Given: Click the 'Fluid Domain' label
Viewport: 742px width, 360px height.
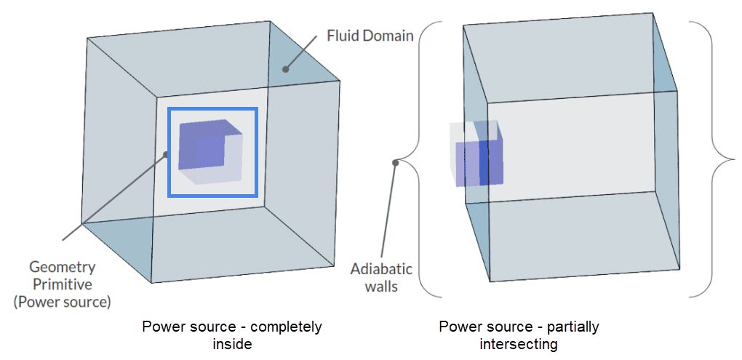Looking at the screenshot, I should (370, 34).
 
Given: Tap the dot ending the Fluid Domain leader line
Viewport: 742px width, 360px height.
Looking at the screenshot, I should (285, 70).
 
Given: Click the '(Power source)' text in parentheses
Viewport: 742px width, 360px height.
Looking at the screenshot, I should (70, 300).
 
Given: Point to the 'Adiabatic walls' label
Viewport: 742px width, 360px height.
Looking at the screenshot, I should (381, 277).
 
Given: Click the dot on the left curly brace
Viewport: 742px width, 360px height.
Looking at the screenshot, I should (395, 162).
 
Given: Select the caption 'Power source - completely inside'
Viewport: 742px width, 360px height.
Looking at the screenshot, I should (232, 335).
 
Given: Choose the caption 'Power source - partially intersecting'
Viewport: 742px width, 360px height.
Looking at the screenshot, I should (519, 335).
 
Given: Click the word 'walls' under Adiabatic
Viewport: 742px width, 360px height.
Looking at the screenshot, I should (381, 287).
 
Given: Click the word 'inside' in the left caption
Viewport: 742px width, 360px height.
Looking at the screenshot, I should (232, 343).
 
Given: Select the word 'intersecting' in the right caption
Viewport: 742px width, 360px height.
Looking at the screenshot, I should (519, 343).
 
